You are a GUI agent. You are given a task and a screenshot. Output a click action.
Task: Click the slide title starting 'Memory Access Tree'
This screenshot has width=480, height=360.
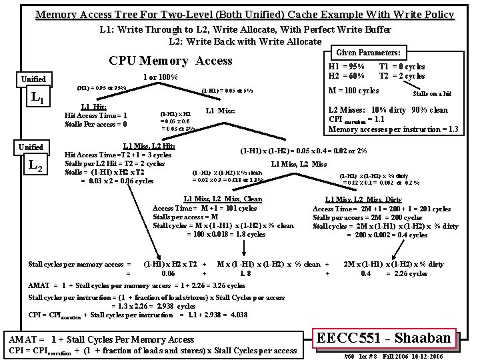point(244,14)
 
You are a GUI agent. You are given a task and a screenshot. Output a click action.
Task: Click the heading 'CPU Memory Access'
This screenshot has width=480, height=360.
point(171,61)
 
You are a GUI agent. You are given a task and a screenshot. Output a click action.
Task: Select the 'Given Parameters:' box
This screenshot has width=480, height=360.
point(368,52)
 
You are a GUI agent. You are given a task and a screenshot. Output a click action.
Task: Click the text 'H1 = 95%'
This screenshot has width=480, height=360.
point(347,67)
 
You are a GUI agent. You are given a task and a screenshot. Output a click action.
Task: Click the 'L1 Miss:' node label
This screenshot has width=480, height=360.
point(221,111)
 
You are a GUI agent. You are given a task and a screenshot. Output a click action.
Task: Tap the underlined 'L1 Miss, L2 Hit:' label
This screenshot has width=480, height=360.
point(149,146)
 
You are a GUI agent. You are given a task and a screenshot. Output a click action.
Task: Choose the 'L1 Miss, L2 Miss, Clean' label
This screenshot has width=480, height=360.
point(222,199)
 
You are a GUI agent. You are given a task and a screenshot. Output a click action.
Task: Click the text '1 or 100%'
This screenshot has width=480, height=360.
point(161,77)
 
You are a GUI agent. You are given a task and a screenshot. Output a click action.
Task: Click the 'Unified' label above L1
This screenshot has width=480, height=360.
point(34,79)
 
